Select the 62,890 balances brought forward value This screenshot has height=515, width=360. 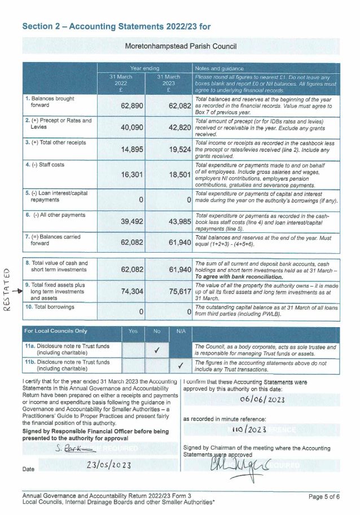pyautogui.click(x=133, y=107)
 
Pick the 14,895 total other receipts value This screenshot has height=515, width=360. pyautogui.click(x=133, y=150)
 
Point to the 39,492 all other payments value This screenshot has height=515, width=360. pyautogui.click(x=133, y=221)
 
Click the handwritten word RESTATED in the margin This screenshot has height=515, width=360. pyautogui.click(x=7, y=287)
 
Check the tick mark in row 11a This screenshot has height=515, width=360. pyautogui.click(x=157, y=350)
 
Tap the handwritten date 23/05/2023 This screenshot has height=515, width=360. pyautogui.click(x=109, y=465)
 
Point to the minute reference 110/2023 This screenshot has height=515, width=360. pyautogui.click(x=251, y=430)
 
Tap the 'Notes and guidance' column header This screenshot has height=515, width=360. pyautogui.click(x=219, y=68)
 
